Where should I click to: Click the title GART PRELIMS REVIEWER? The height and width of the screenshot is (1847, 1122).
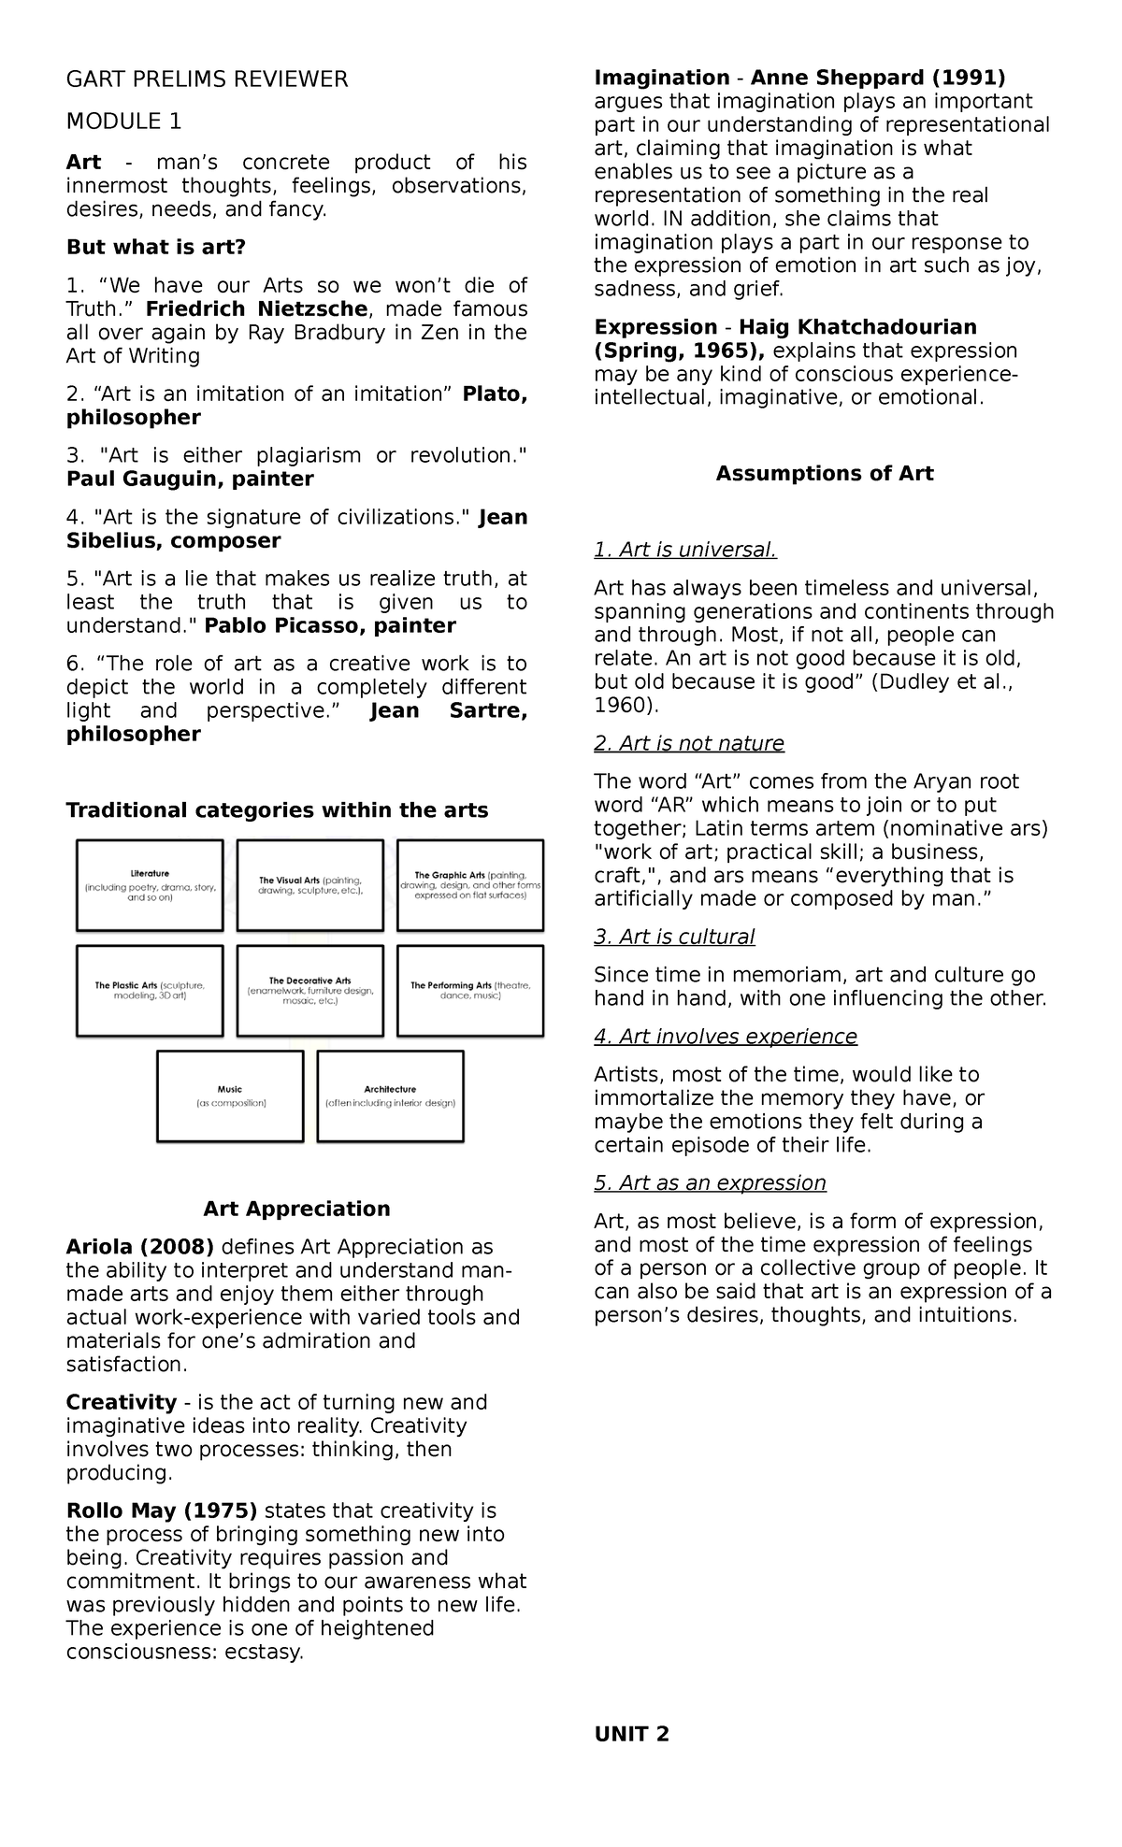(206, 80)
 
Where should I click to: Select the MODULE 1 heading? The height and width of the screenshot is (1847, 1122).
(123, 122)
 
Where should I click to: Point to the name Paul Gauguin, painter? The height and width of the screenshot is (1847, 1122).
(190, 480)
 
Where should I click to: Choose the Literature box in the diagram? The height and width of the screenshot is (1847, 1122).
(150, 885)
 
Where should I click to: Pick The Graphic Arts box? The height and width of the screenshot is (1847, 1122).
(470, 885)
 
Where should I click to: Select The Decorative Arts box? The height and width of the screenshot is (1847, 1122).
(310, 991)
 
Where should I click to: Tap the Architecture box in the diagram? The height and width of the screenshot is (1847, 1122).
(390, 1096)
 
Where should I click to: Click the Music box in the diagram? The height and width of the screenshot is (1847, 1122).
(230, 1096)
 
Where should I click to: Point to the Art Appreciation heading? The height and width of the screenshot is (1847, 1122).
(296, 1210)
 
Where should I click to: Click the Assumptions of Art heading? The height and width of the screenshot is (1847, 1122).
(824, 474)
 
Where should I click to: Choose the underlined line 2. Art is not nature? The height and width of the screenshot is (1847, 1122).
(689, 744)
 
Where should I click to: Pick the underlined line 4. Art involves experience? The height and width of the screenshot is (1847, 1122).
(726, 1037)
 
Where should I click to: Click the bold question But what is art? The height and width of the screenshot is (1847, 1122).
(155, 248)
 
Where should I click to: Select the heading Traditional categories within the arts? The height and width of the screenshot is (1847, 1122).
(277, 810)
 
